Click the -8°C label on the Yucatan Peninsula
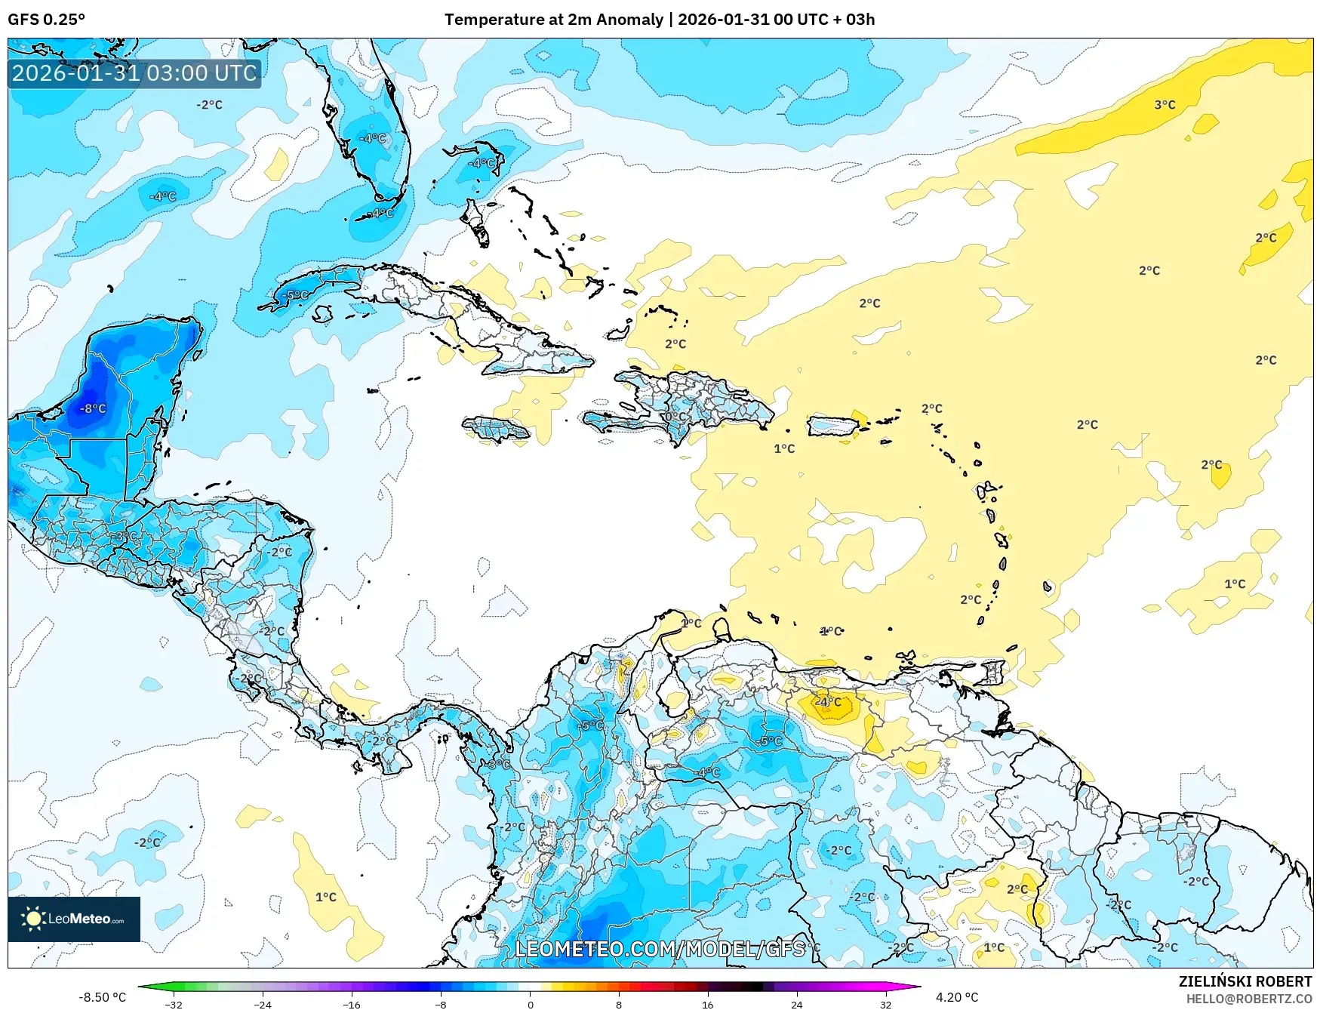point(94,408)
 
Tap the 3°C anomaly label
point(1165,105)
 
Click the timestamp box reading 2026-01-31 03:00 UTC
point(134,73)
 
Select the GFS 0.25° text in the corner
point(47,20)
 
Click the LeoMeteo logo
point(74,919)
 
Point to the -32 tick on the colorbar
point(174,1004)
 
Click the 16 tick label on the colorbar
point(707,1004)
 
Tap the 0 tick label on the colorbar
point(530,1004)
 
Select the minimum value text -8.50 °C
point(103,997)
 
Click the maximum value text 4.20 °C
point(956,997)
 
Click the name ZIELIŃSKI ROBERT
point(1245,981)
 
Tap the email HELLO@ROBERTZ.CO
point(1248,999)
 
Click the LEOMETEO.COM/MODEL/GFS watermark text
point(660,949)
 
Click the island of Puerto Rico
point(833,426)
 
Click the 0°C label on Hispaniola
point(675,417)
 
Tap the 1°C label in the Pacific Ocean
point(326,897)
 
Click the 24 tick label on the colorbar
point(796,1004)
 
